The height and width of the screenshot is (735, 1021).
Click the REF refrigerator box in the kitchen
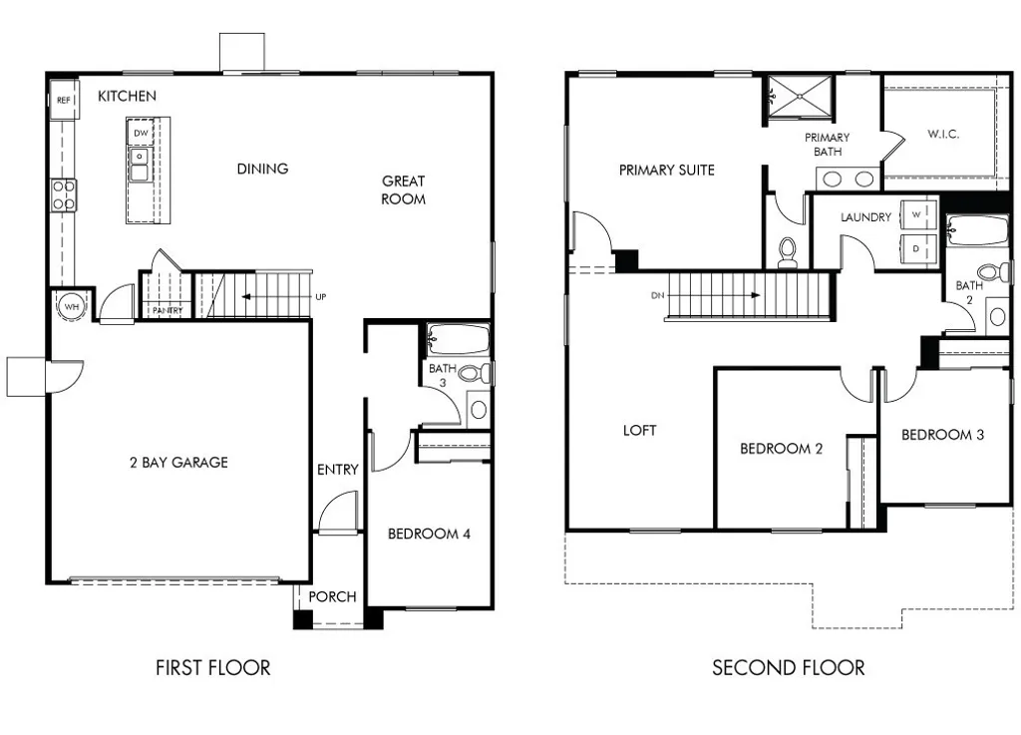point(63,100)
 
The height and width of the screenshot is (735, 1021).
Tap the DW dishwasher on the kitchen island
point(141,133)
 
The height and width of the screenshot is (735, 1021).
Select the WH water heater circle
point(72,306)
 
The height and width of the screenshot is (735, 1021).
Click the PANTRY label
point(167,311)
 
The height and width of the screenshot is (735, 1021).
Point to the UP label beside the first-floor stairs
point(320,297)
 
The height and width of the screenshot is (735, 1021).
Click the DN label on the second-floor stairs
point(655,295)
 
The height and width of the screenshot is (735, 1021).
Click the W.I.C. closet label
point(942,134)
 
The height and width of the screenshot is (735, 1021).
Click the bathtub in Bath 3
point(459,339)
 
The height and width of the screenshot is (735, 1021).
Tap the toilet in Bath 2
point(993,273)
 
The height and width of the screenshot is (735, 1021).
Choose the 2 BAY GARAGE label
point(178,462)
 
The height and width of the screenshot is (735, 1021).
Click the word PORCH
point(332,596)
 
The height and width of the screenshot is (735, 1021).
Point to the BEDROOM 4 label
point(429,534)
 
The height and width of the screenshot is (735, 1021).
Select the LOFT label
point(639,430)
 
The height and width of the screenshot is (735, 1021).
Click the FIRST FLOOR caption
point(212,667)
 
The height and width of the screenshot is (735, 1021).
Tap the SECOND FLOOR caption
point(788,667)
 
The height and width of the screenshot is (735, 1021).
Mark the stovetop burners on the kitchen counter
point(63,194)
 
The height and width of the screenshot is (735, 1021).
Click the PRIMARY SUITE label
point(666,170)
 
